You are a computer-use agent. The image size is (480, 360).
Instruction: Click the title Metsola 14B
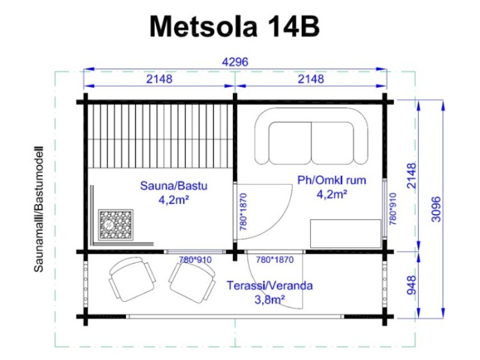(235, 26)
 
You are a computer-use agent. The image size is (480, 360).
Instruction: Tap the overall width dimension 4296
(235, 62)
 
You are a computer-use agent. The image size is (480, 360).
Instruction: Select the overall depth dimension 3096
(436, 209)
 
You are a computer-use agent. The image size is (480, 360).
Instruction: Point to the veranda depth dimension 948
(412, 284)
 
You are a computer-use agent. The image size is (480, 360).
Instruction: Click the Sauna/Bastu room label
(173, 185)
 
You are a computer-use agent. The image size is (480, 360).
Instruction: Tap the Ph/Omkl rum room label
(332, 180)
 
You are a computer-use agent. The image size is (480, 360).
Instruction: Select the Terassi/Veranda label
(269, 286)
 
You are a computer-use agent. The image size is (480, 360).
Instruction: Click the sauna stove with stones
(116, 225)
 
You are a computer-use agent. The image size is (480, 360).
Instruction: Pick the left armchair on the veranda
(132, 279)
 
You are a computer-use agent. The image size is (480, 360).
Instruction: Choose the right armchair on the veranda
(192, 282)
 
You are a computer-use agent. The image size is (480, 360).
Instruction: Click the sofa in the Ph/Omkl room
(311, 137)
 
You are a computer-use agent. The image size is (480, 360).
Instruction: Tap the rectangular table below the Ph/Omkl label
(346, 233)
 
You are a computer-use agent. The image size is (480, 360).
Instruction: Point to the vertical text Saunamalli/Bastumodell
(38, 209)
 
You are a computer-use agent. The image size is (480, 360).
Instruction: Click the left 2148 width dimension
(159, 79)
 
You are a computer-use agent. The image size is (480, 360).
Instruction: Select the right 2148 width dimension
(311, 79)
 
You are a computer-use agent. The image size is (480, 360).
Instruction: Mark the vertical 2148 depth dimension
(412, 175)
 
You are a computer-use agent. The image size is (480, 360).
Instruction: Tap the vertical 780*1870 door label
(244, 212)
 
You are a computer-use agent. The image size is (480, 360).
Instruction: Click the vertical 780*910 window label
(393, 209)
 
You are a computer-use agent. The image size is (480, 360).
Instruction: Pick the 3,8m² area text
(269, 299)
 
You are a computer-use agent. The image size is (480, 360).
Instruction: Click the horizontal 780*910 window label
(195, 260)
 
